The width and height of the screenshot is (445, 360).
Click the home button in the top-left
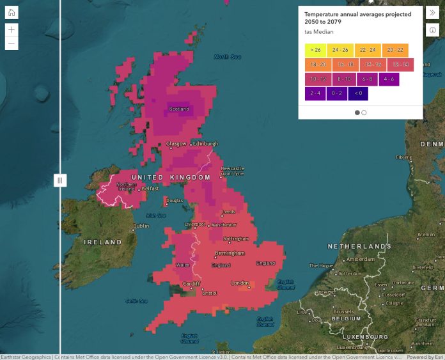12,13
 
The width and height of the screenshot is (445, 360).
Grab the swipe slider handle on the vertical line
60,180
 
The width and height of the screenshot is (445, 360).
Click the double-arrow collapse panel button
433,13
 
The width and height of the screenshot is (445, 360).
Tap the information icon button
433,30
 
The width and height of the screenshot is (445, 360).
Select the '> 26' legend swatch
315,50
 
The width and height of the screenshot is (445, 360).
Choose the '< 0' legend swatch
358,93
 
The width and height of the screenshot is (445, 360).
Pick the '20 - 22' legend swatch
395,50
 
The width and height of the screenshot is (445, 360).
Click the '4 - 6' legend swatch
389,79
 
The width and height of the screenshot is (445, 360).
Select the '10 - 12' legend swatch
317,79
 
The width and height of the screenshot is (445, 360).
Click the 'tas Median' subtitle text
318,32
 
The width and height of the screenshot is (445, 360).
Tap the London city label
240,283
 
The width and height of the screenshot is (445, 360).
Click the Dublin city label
141,226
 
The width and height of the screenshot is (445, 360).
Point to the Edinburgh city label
206,144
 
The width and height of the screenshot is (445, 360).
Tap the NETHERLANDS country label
359,246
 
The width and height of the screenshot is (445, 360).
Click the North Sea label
227,57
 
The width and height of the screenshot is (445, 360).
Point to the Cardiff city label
191,284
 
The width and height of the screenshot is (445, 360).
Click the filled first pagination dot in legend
357,113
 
